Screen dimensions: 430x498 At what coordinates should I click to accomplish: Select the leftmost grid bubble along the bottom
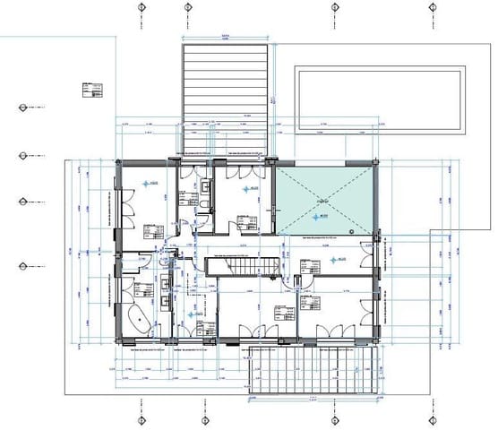[141, 421]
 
